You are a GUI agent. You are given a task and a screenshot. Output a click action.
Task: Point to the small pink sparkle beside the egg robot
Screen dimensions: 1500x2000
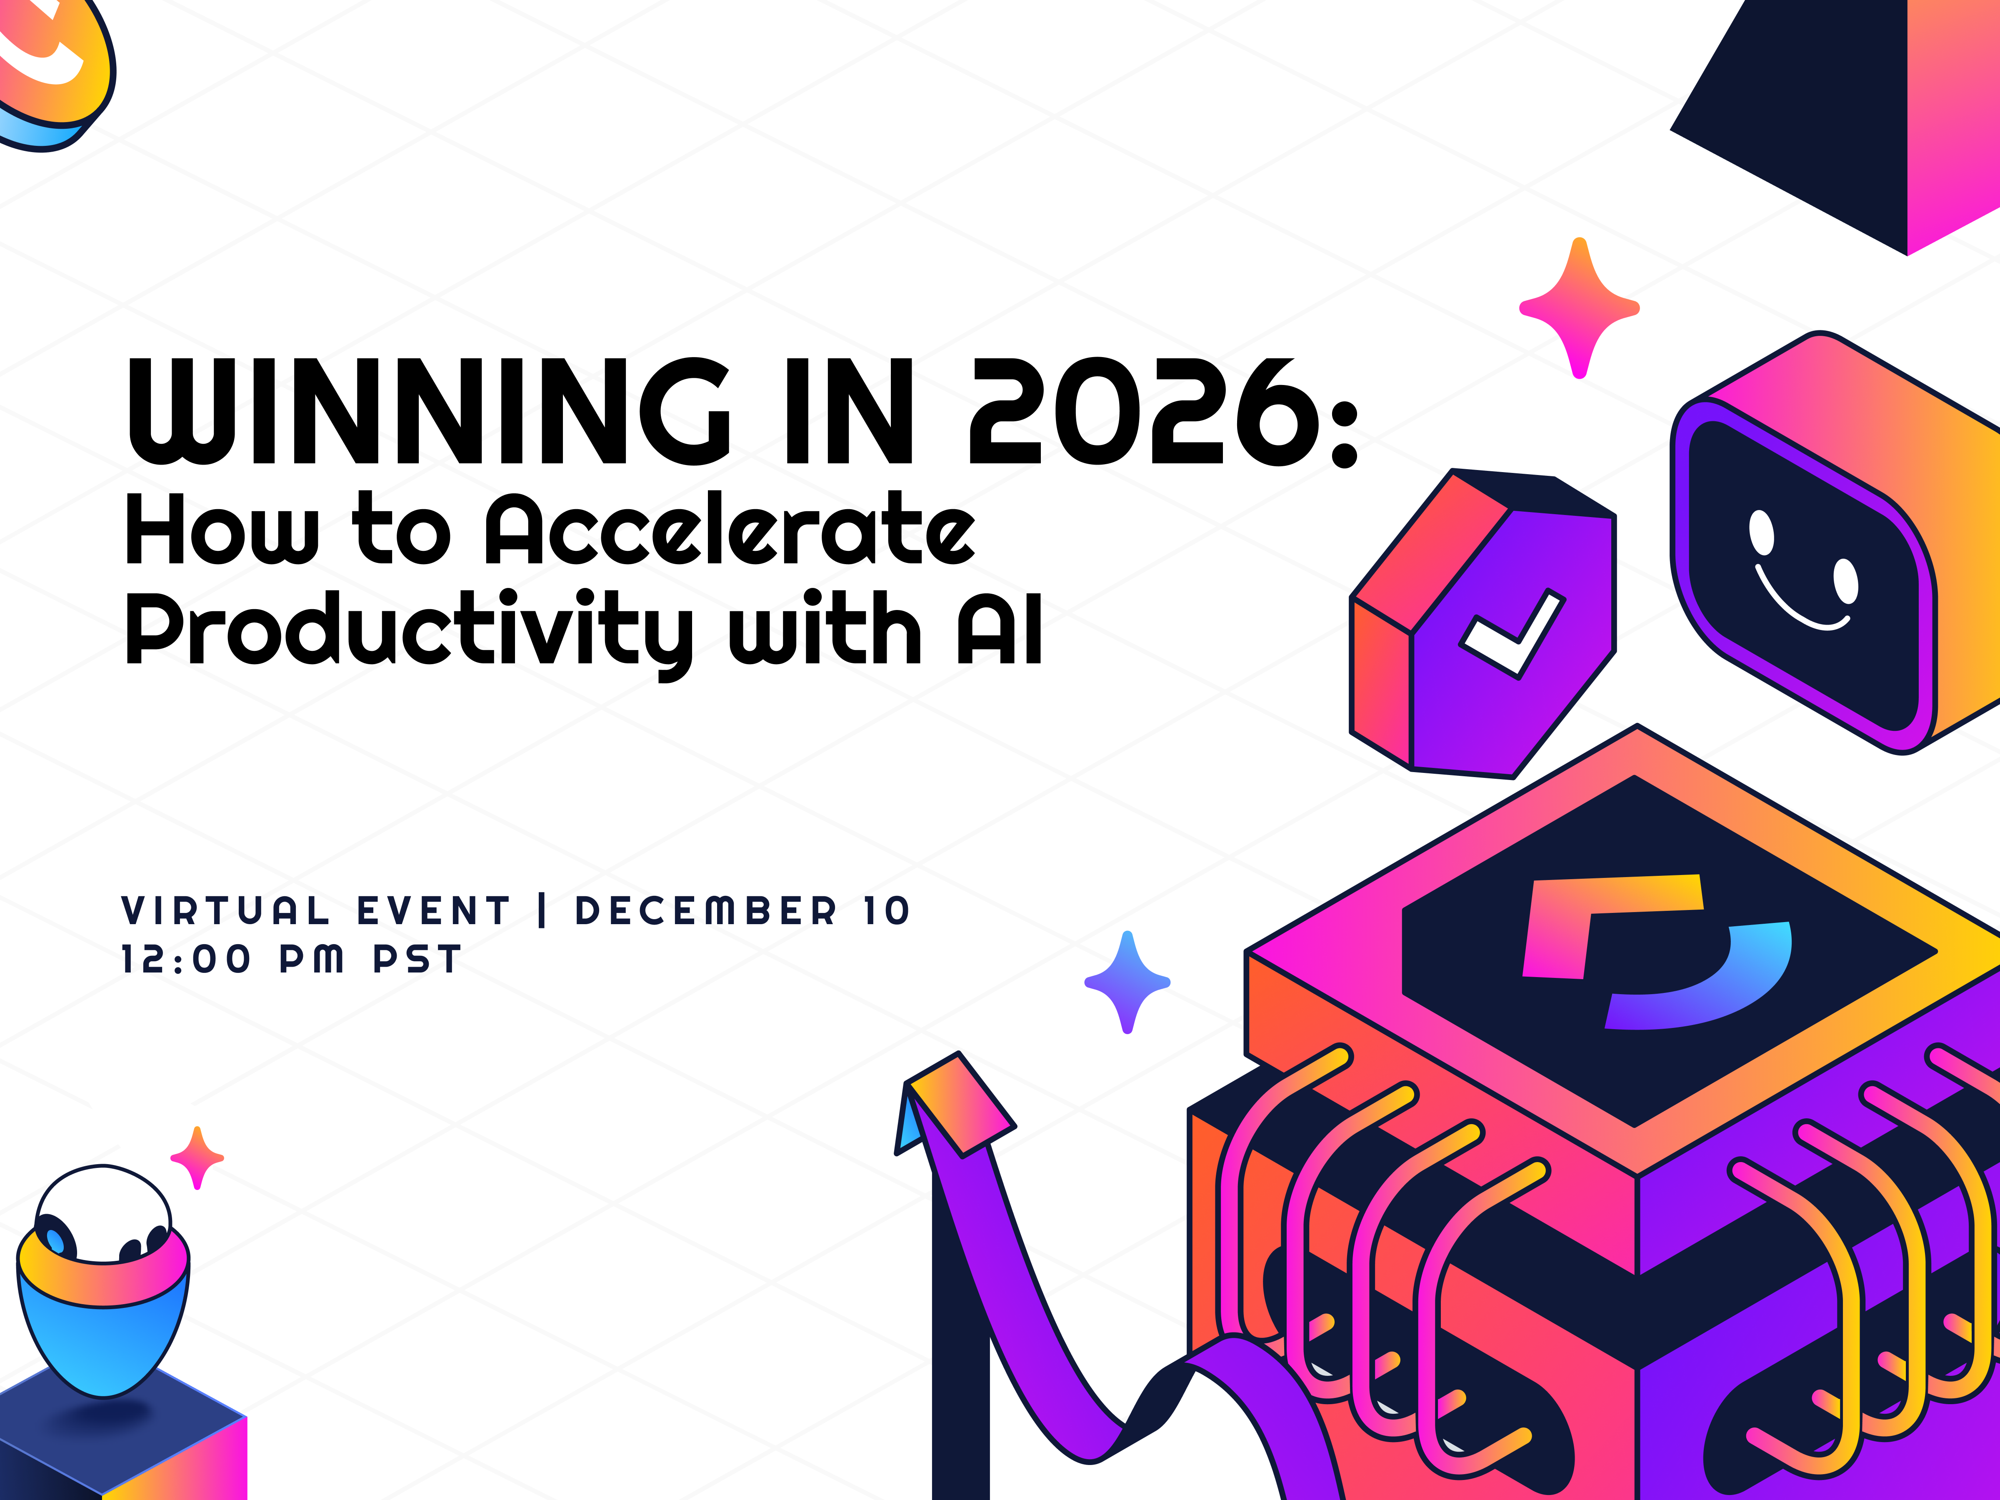pyautogui.click(x=197, y=1157)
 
